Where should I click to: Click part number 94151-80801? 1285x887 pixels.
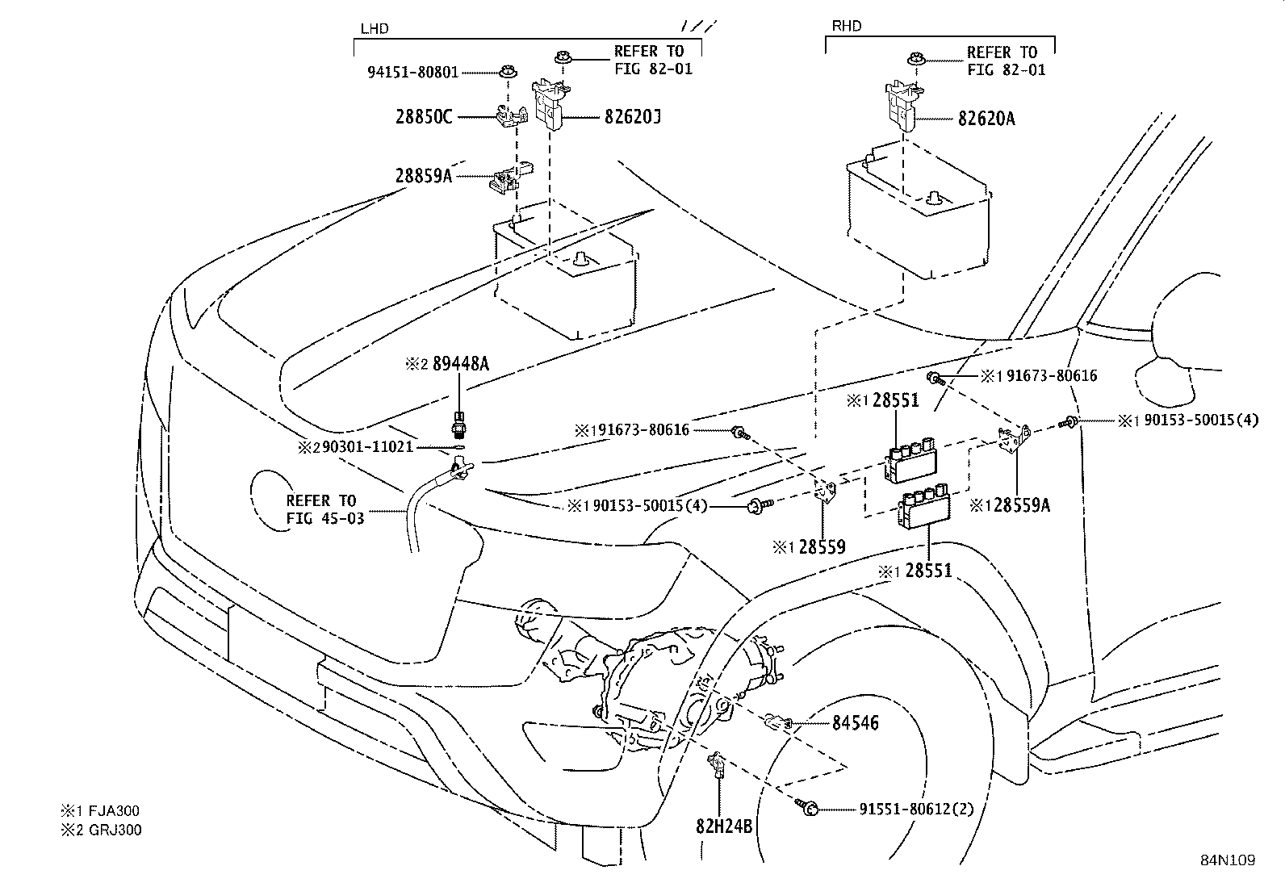point(412,72)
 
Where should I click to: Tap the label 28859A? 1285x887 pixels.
point(423,175)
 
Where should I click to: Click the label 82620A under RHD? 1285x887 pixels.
point(986,119)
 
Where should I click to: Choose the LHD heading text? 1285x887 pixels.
point(374,29)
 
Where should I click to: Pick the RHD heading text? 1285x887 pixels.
point(846,27)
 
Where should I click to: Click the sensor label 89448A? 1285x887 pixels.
point(460,364)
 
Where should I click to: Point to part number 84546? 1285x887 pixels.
point(855,723)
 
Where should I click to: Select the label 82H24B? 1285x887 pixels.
point(723,826)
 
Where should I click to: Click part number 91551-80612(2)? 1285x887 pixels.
point(913,808)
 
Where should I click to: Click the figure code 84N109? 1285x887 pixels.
point(1226,860)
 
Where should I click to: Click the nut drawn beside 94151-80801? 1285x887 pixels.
point(507,71)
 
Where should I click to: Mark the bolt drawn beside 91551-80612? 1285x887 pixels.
point(808,805)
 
